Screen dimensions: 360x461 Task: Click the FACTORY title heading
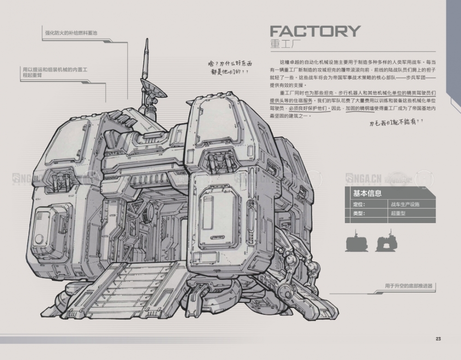(x=314, y=31)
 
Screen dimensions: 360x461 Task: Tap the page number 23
(x=438, y=339)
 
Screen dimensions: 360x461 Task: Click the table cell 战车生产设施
(x=406, y=204)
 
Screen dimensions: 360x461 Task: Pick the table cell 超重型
(x=398, y=213)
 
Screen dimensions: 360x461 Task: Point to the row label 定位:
(x=359, y=204)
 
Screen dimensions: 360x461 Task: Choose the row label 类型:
(x=359, y=213)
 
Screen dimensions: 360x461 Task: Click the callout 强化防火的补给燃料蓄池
(x=71, y=33)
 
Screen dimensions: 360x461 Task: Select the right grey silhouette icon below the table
(x=386, y=242)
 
